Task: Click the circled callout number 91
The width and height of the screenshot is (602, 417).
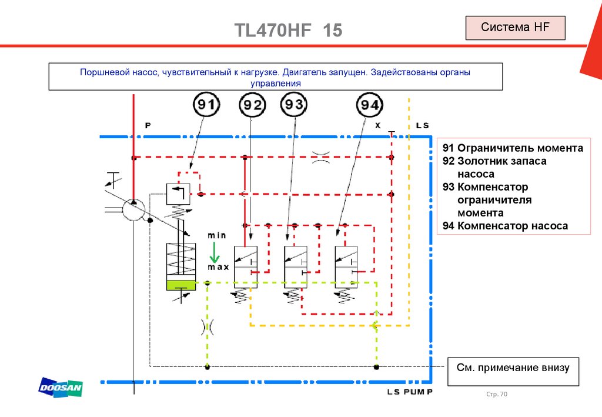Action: (x=206, y=105)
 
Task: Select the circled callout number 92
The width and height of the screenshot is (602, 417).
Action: (x=253, y=106)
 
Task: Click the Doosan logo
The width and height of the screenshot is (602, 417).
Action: (x=61, y=388)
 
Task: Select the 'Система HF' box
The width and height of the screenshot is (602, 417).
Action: (x=515, y=28)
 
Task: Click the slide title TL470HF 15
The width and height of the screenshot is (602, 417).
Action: (x=288, y=31)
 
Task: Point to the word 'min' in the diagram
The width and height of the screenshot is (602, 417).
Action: (x=216, y=235)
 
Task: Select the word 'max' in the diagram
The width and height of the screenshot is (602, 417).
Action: (x=218, y=267)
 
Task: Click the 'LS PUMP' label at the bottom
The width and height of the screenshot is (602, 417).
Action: (x=410, y=392)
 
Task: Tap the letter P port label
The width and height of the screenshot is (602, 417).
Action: (x=148, y=125)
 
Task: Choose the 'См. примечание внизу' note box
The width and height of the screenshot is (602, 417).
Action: (x=513, y=369)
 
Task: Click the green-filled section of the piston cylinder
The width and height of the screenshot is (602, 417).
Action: (x=183, y=285)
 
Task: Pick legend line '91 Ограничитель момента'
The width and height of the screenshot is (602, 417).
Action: (x=513, y=148)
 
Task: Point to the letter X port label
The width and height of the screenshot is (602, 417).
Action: (x=377, y=125)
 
